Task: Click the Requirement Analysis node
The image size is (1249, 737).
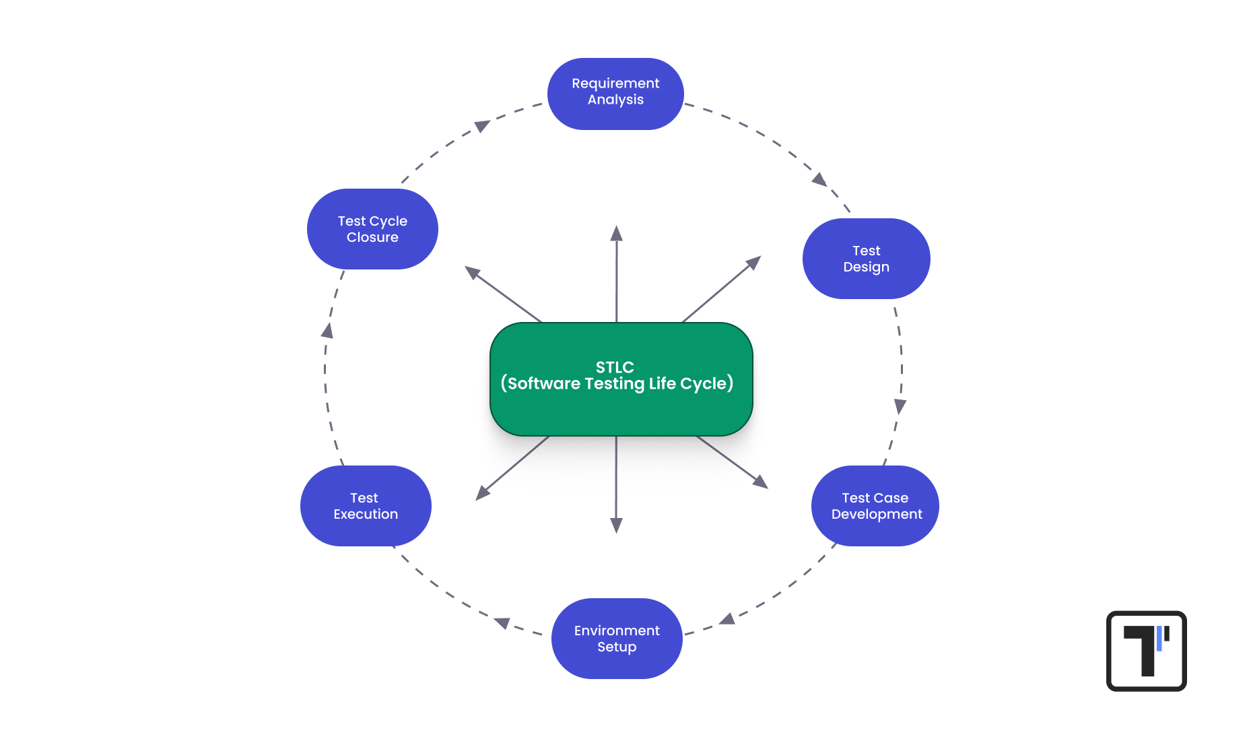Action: tap(615, 93)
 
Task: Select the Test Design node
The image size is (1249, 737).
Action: tap(866, 259)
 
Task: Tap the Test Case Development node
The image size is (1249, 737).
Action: tap(875, 506)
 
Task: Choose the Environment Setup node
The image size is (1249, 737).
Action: tap(617, 639)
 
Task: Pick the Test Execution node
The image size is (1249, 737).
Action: tap(366, 506)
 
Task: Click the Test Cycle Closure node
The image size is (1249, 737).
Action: tap(372, 229)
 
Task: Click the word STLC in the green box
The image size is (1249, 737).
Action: tap(615, 367)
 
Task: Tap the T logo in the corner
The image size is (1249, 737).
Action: tap(1146, 651)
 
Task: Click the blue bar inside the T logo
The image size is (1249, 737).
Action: tap(1159, 639)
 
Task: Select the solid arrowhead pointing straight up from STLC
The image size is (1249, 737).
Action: tap(616, 234)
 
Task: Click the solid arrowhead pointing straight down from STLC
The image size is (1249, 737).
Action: tap(616, 525)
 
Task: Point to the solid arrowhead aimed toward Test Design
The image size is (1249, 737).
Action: tap(754, 262)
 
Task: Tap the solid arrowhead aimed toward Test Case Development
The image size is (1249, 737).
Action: tap(761, 482)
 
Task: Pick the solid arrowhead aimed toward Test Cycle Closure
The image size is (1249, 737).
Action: tap(472, 272)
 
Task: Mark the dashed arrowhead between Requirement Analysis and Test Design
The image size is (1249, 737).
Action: tap(819, 179)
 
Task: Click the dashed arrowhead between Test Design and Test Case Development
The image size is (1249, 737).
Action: tap(900, 406)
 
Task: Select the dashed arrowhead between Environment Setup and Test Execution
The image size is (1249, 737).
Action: tap(502, 622)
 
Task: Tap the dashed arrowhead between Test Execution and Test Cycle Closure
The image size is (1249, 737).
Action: tap(328, 330)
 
